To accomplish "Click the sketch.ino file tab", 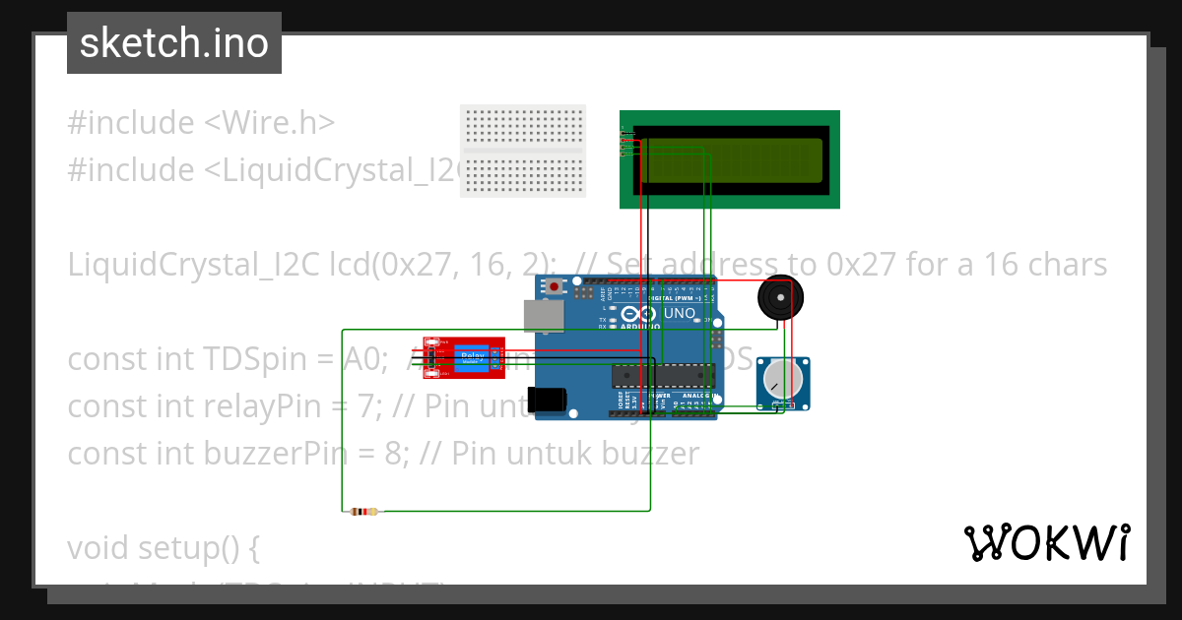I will coord(173,43).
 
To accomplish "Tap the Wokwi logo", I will coord(1046,542).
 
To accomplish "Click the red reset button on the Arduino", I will coord(556,286).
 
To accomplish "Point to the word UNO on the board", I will coord(680,314).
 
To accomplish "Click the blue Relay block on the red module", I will coord(473,359).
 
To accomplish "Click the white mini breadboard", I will coord(523,151).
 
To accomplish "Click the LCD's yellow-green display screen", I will coord(731,160).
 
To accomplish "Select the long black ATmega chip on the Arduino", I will coord(663,374).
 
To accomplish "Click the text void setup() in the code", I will coord(163,548).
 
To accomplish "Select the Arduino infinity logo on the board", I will coord(638,314).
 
